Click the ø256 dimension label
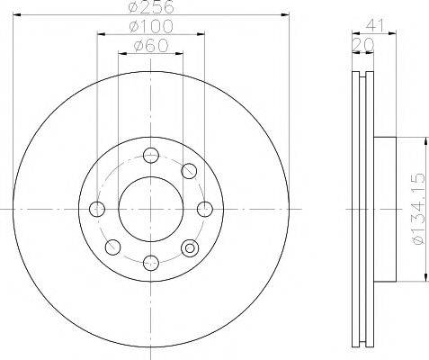[151, 7]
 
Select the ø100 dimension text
[151, 26]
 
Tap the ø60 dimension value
[151, 46]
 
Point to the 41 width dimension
[374, 26]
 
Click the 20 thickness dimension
[363, 45]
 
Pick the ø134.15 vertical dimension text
[418, 209]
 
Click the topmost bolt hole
[150, 156]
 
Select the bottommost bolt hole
[150, 263]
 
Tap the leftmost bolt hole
[97, 209]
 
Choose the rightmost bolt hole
[205, 209]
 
